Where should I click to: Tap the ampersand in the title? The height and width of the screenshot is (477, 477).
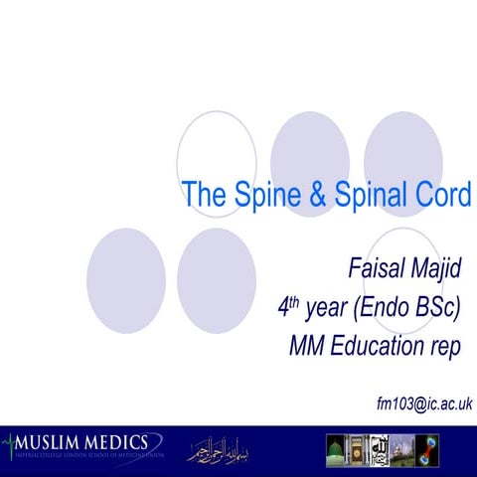pos(318,196)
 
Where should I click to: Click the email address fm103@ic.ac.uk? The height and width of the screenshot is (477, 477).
pos(424,403)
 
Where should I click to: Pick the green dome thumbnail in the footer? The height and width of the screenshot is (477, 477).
pos(339,449)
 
